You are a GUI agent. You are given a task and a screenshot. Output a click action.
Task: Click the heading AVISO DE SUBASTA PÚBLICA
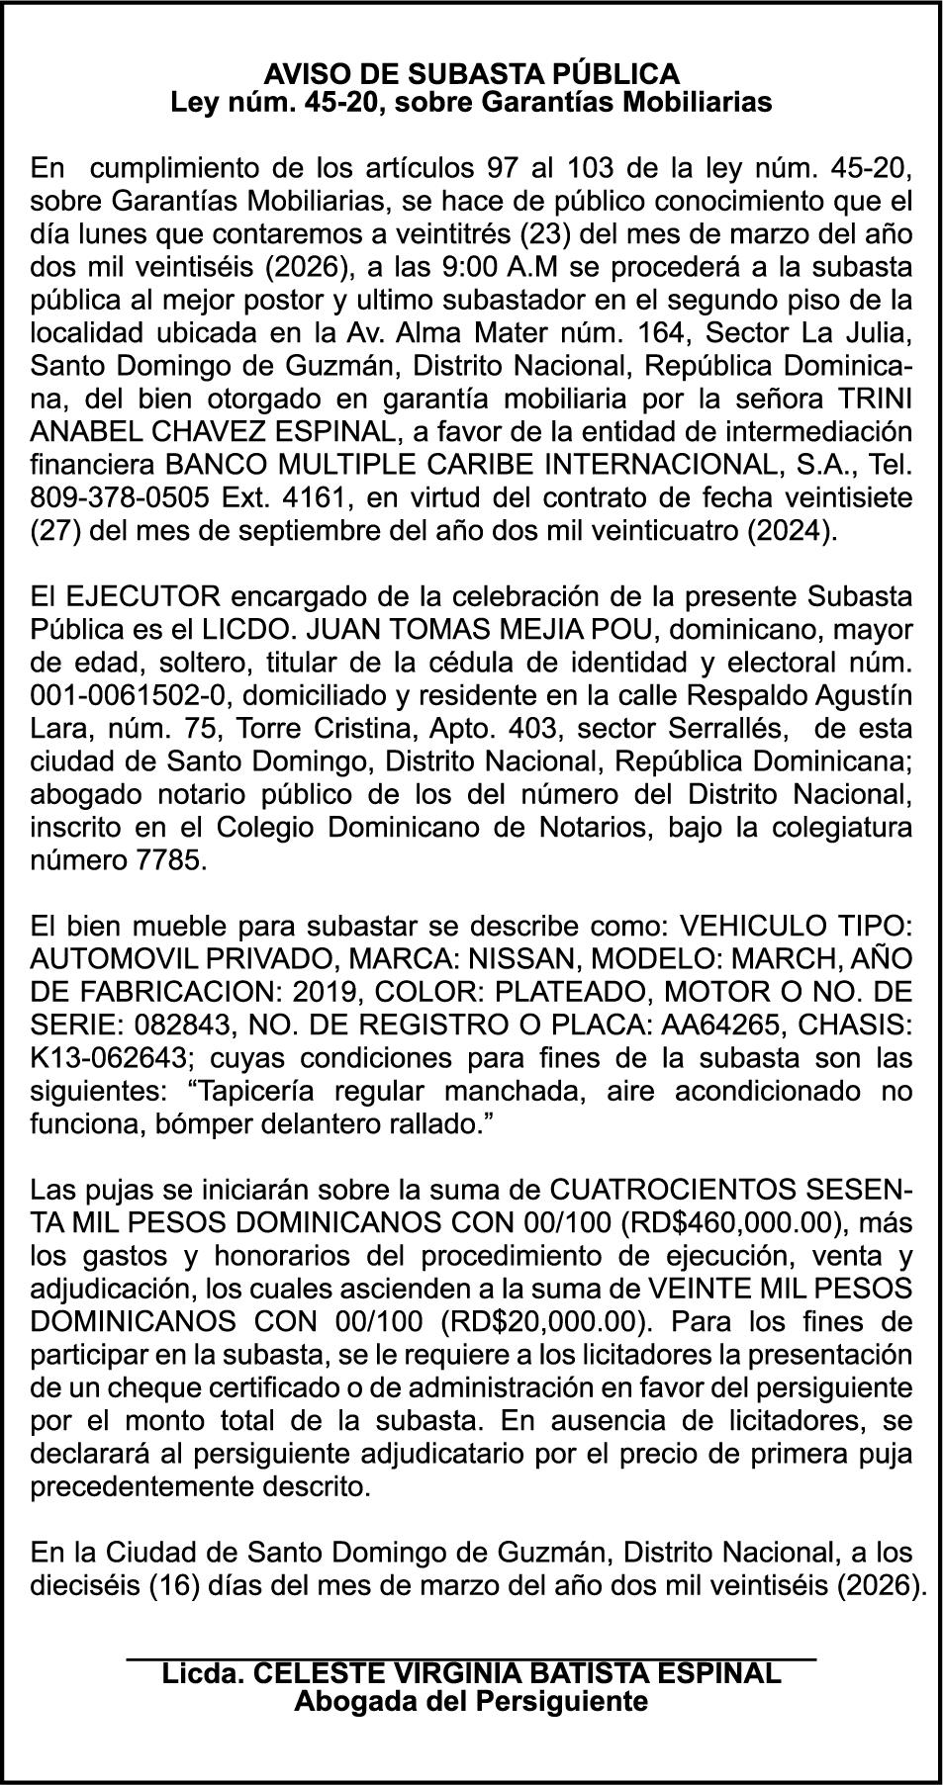[x=471, y=73]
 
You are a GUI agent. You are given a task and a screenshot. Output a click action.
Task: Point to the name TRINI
[x=873, y=399]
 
